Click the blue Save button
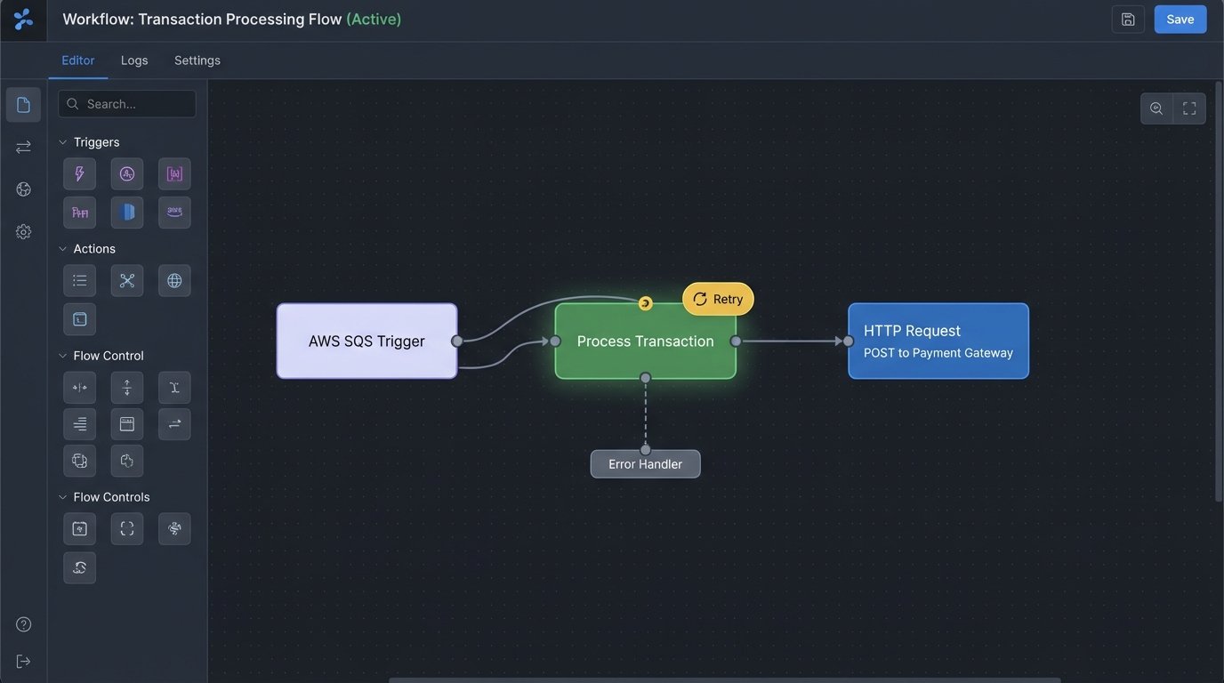[1180, 20]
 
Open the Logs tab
[134, 60]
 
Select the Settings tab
[197, 60]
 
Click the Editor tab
[77, 60]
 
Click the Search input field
[127, 104]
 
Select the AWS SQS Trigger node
[366, 341]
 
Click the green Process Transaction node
[645, 341]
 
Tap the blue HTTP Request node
[938, 341]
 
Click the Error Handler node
[645, 464]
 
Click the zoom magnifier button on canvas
[1156, 108]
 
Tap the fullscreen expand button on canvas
[1189, 108]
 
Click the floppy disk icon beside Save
[1128, 20]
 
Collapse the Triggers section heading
[89, 142]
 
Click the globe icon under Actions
[174, 281]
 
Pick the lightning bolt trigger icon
[79, 174]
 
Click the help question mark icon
[24, 624]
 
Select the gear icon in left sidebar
[24, 232]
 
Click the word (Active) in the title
[374, 19]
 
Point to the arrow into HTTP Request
[836, 341]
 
